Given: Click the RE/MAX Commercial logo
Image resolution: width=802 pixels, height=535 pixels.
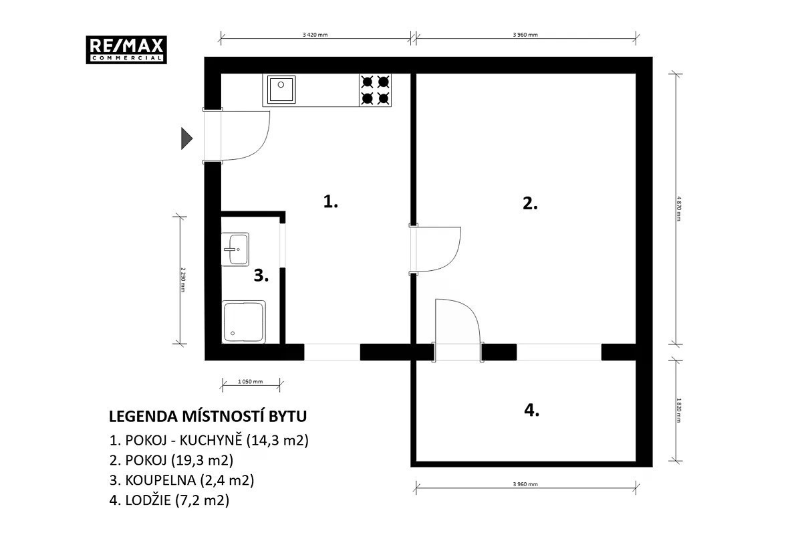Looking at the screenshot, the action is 126,49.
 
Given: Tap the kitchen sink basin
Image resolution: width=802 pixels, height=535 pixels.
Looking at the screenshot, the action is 281,90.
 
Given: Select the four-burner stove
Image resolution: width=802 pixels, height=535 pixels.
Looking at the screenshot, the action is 375,90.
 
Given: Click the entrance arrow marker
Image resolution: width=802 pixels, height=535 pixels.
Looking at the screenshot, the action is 187,138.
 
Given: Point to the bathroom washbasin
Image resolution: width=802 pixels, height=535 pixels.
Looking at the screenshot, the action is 235,249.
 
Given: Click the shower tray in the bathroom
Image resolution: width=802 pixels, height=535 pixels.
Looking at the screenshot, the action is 243,322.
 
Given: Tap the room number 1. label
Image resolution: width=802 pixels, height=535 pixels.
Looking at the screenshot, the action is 330,201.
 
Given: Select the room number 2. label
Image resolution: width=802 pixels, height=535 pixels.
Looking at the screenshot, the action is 530,203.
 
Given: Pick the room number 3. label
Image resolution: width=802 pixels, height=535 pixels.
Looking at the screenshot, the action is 261,276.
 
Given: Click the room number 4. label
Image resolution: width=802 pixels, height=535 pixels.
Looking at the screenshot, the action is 532,410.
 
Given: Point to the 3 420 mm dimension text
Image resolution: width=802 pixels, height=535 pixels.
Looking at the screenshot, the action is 315,35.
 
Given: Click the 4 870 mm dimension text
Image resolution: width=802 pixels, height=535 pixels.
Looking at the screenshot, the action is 679,209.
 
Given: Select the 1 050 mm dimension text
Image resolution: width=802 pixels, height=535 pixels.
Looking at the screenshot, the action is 250,382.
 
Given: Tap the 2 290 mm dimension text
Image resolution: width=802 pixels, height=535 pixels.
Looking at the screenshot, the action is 183,280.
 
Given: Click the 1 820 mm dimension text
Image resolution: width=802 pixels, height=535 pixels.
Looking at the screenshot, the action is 679,411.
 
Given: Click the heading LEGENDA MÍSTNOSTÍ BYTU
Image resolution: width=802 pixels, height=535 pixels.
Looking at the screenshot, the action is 208,417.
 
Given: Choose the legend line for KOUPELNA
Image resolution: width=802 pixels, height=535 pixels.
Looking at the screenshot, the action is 182,480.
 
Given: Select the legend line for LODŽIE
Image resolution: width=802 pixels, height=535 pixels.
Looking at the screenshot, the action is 169,500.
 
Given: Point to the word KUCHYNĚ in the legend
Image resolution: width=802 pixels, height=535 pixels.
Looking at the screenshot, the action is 211,440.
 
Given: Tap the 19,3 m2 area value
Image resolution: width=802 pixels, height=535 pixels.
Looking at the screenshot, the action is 203,460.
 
